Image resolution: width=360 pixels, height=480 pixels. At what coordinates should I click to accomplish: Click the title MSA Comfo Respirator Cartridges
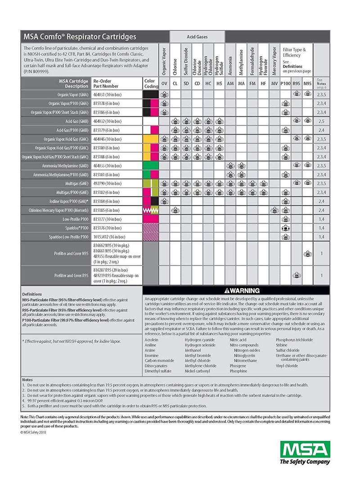click(x=79, y=36)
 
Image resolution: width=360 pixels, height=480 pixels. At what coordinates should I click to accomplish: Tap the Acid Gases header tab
click(x=197, y=36)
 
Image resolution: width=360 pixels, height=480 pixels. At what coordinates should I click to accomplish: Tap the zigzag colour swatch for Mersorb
click(x=150, y=210)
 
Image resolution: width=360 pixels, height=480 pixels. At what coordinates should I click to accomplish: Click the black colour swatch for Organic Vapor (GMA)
click(x=150, y=94)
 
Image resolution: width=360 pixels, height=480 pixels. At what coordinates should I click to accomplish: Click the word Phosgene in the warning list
click(x=238, y=366)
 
